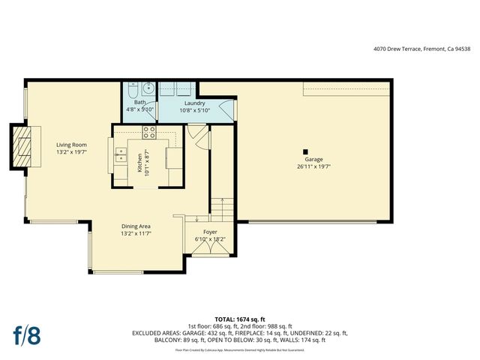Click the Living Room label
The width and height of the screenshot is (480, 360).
point(73,145)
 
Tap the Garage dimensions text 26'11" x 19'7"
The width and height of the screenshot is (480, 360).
point(313,167)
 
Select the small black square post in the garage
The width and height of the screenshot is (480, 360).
point(307,149)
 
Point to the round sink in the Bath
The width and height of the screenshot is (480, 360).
point(148,88)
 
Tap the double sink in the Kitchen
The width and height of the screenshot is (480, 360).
point(120,155)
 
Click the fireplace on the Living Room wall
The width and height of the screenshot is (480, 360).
point(23,147)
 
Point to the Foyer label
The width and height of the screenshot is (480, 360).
point(211,232)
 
